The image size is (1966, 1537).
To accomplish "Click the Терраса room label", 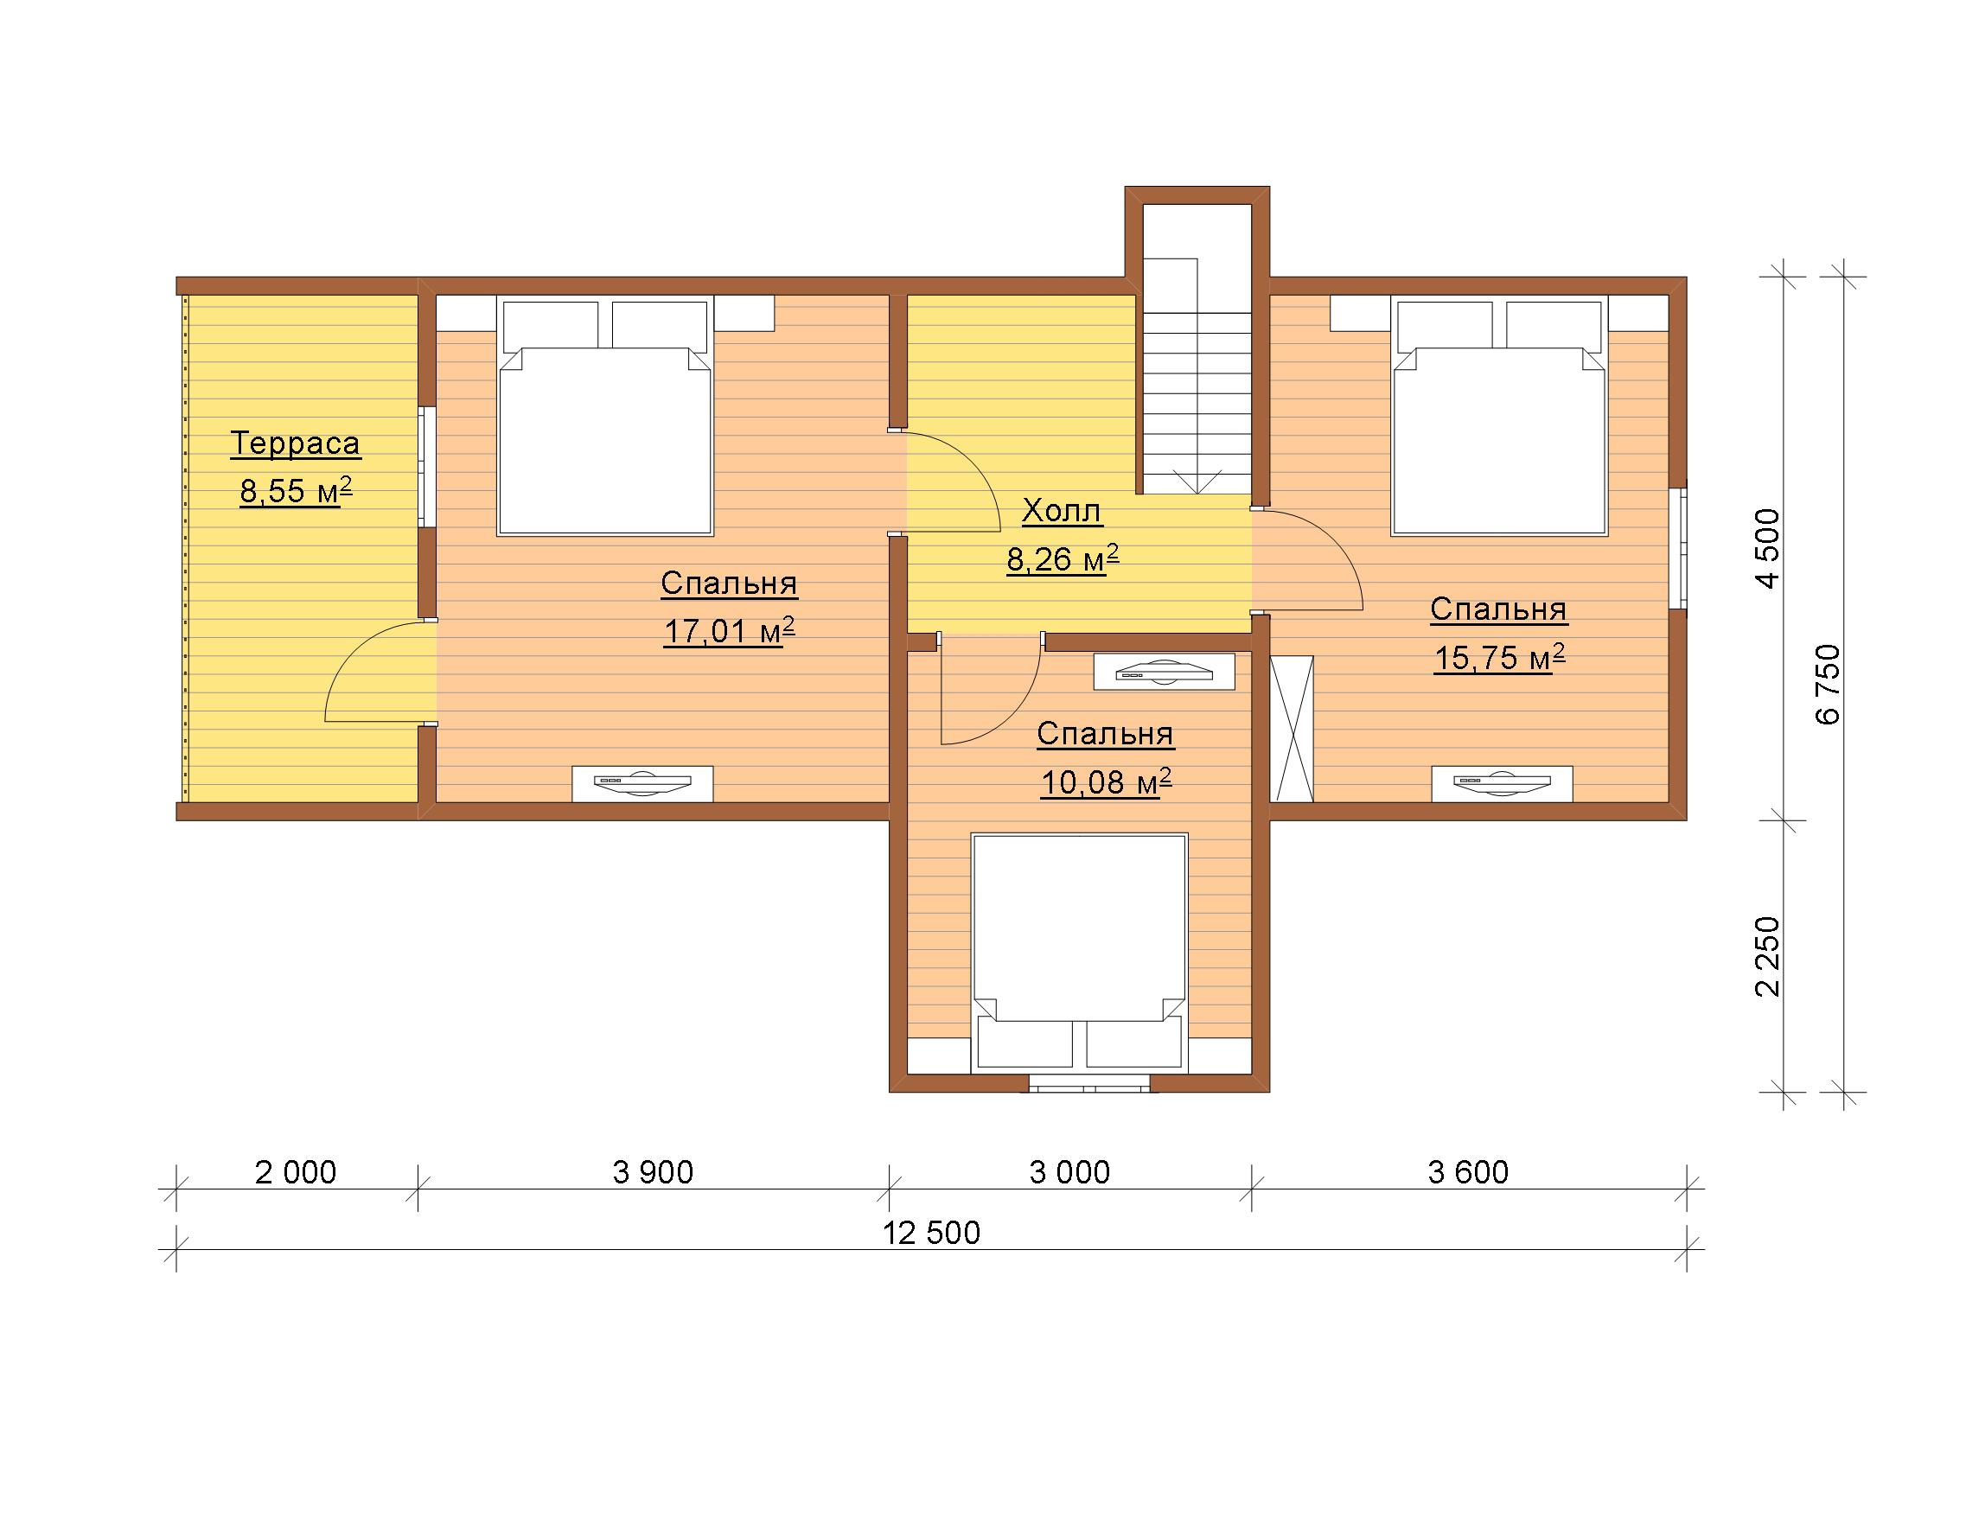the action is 296,443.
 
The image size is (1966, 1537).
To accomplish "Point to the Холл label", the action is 1062,511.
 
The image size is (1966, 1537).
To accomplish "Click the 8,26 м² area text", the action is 1063,558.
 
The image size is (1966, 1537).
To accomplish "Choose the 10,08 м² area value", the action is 1106,782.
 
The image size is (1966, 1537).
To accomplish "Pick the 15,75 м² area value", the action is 1499,657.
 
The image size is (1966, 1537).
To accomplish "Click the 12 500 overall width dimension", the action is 931,1232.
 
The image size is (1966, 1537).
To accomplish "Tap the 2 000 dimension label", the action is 296,1171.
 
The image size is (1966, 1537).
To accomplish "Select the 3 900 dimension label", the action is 653,1171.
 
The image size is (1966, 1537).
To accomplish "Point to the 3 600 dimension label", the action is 1468,1171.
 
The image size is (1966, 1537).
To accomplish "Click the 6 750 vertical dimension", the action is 1829,684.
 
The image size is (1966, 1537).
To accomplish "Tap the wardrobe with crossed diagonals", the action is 1292,728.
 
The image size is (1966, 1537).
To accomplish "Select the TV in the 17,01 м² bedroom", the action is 642,783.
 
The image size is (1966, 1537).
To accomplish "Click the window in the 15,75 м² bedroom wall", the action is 1677,549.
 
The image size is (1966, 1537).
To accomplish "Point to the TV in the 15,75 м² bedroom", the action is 1503,783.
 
